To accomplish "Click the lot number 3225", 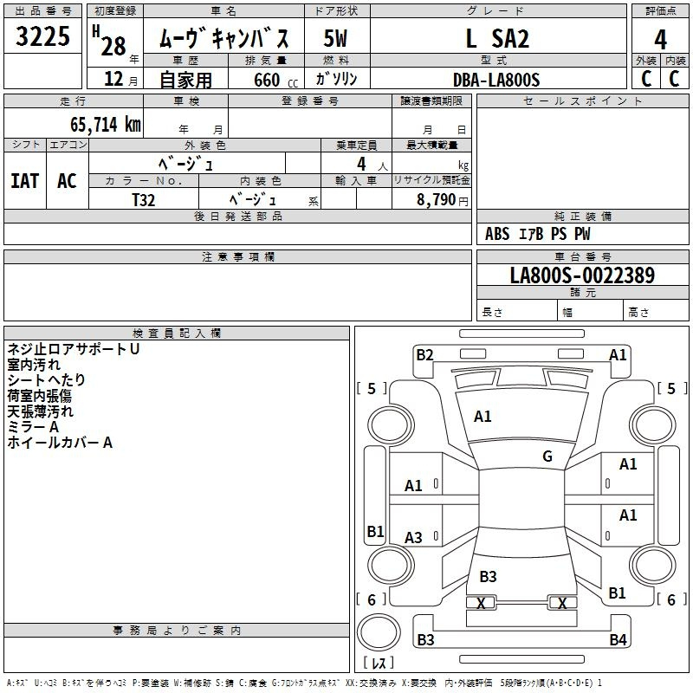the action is [42, 36].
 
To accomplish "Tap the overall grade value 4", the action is [660, 40].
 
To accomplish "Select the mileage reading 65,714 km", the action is [106, 125].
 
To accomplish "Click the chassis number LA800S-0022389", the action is [582, 275].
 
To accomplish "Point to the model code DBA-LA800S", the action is [496, 80].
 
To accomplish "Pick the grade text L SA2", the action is [497, 38].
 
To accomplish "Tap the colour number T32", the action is [144, 200].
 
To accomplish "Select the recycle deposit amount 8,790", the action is [436, 199].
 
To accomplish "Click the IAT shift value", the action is [25, 181].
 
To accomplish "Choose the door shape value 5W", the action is [335, 38].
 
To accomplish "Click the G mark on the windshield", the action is [547, 457].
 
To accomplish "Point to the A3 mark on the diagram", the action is [413, 537].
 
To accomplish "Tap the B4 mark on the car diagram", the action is [618, 639].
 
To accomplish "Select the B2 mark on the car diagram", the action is [424, 354].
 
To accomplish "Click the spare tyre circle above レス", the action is [379, 632].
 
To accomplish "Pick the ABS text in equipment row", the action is [497, 234].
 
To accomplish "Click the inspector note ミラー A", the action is [33, 427].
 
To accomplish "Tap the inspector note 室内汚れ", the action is [34, 365].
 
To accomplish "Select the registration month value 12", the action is [113, 79].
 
